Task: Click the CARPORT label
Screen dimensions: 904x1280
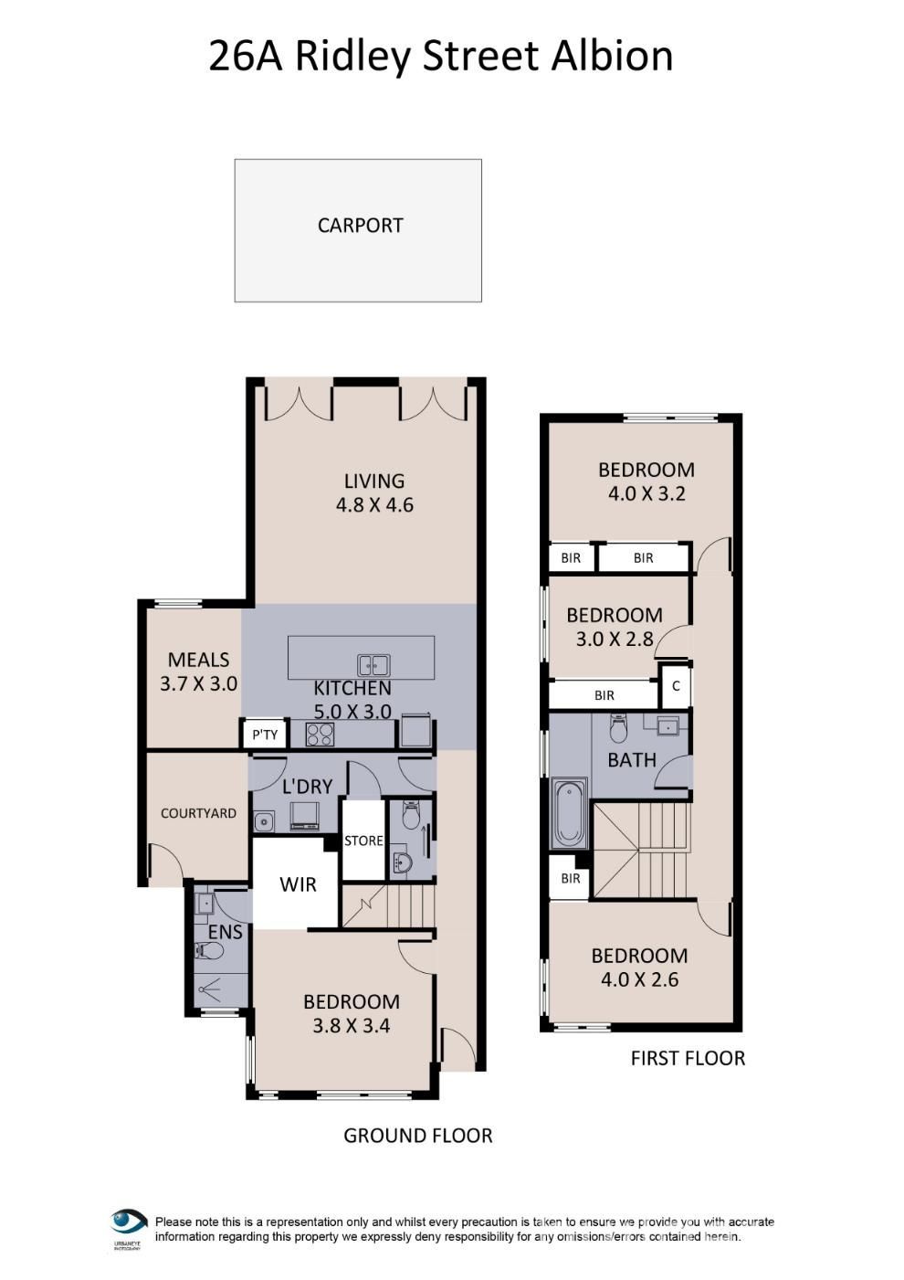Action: click(x=360, y=226)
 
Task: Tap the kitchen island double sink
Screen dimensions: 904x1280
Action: click(x=373, y=665)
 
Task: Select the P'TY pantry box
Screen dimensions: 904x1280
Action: click(x=265, y=735)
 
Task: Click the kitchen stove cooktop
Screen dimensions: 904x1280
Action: click(x=321, y=735)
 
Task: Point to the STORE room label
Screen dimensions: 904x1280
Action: click(x=363, y=841)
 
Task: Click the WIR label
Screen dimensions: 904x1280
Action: click(x=298, y=884)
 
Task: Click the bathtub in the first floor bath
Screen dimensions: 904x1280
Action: click(x=569, y=814)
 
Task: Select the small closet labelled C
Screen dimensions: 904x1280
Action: click(x=676, y=686)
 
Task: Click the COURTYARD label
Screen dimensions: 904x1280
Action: click(x=198, y=813)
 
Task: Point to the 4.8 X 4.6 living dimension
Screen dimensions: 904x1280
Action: click(x=374, y=505)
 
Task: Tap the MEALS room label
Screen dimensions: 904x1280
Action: click(x=198, y=660)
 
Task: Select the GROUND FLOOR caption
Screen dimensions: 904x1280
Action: click(x=417, y=1136)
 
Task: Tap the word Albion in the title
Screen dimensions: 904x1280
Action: click(x=612, y=56)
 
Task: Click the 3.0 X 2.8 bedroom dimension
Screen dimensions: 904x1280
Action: click(x=615, y=639)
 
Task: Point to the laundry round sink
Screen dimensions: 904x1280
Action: click(x=264, y=822)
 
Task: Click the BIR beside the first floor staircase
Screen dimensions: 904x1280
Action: click(x=571, y=878)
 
